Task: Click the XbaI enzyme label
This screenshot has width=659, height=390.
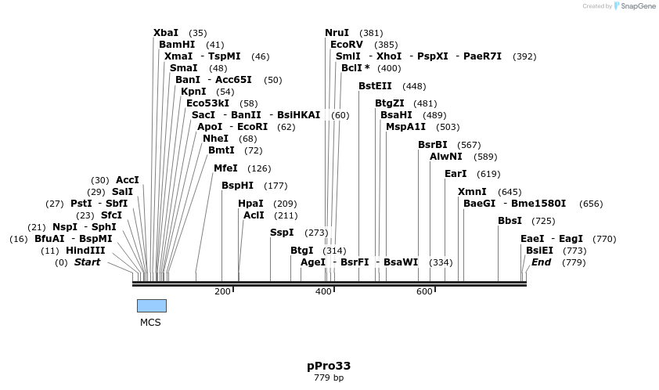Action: pyautogui.click(x=166, y=33)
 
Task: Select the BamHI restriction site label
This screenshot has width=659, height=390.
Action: pyautogui.click(x=177, y=45)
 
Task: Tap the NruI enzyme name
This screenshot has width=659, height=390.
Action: pyautogui.click(x=337, y=33)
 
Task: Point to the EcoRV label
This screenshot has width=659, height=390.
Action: pyautogui.click(x=347, y=45)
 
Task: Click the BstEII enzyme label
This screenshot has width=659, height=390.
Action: pyautogui.click(x=375, y=86)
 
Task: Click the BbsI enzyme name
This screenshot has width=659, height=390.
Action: pyautogui.click(x=510, y=221)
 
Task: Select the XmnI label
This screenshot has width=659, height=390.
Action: pyautogui.click(x=472, y=192)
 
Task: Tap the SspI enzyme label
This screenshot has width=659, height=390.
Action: pyautogui.click(x=282, y=233)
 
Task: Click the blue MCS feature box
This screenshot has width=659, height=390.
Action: pyautogui.click(x=152, y=305)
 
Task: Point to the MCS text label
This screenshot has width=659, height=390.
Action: pyautogui.click(x=150, y=322)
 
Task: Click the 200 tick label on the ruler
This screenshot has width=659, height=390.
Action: pyautogui.click(x=223, y=292)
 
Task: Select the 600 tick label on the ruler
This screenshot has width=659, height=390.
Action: pyautogui.click(x=424, y=292)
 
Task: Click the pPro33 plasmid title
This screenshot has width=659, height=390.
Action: pyautogui.click(x=329, y=366)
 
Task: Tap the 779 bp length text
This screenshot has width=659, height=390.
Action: pyautogui.click(x=329, y=378)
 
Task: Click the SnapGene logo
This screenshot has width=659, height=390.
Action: pyautogui.click(x=632, y=6)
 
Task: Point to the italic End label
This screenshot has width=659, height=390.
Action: pyautogui.click(x=542, y=262)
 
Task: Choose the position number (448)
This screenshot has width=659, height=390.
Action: pyautogui.click(x=414, y=86)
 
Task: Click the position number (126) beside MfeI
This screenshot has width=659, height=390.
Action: pyautogui.click(x=259, y=168)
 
